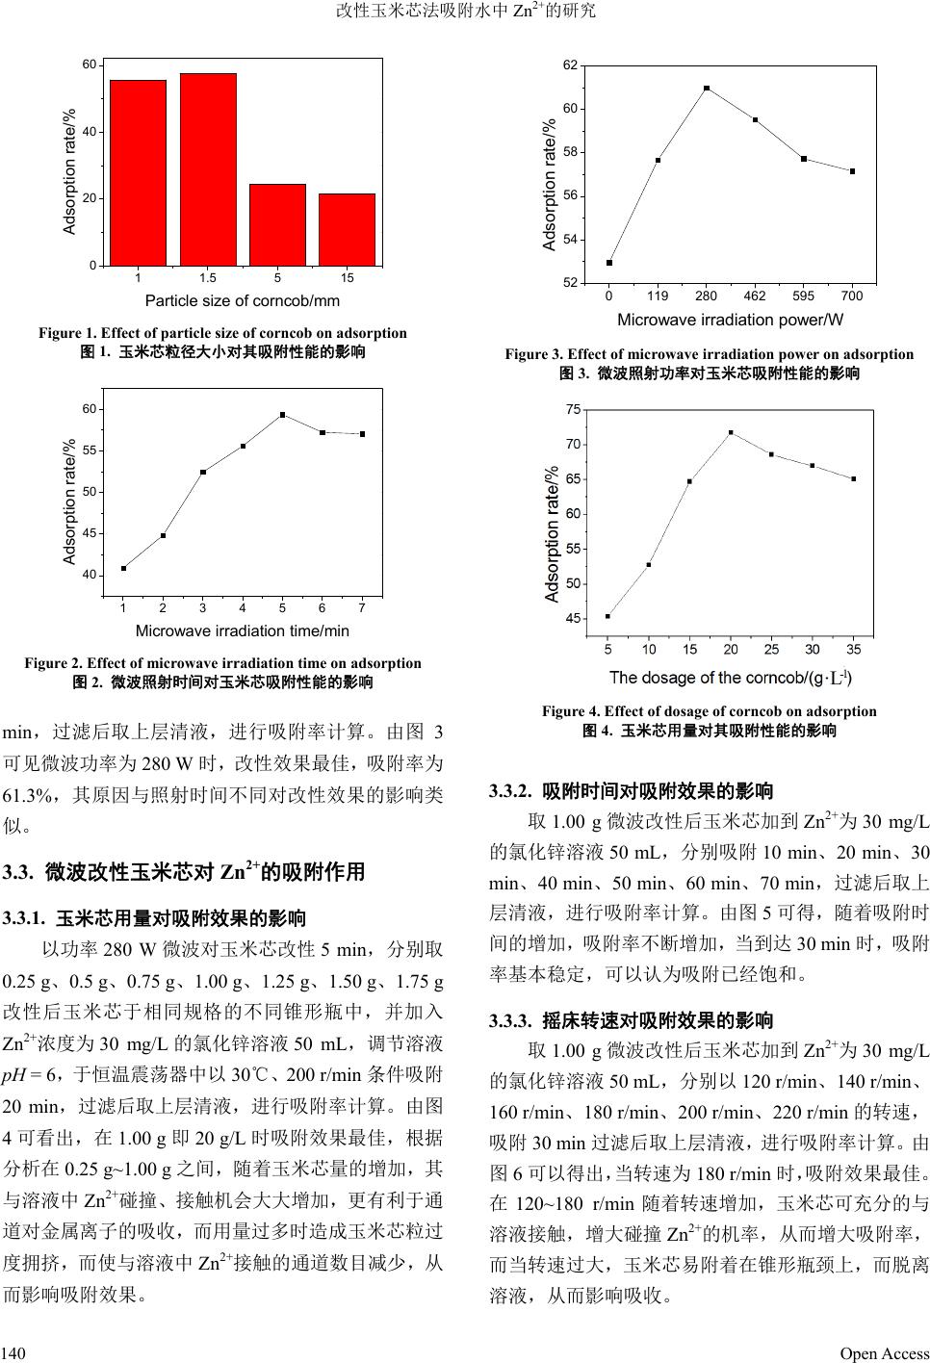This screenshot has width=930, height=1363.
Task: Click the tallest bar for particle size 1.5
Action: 208,168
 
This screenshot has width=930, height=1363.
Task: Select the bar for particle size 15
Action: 347,229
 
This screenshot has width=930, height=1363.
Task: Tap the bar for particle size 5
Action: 277,224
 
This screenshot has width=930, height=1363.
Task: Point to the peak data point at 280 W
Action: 707,89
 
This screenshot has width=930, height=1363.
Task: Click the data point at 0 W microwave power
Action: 609,263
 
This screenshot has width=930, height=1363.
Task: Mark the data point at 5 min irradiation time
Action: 282,415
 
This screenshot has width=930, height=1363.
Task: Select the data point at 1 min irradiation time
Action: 123,568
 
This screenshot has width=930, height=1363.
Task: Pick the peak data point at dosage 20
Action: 731,432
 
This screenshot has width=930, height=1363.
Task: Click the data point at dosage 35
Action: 853,478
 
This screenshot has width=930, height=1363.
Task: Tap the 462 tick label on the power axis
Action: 755,296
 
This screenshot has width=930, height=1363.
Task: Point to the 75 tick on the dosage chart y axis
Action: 573,410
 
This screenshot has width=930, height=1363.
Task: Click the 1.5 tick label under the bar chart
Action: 208,278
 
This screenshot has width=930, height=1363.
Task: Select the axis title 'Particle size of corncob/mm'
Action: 243,301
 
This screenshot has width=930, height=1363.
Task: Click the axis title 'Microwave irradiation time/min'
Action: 243,631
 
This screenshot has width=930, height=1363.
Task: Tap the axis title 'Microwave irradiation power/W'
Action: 730,319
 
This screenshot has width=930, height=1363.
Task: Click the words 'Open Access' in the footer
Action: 885,1353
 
